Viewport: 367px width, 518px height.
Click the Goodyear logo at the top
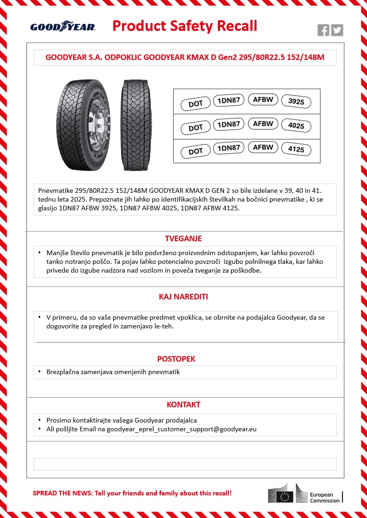tap(63, 27)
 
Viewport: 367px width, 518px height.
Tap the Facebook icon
tap(324, 30)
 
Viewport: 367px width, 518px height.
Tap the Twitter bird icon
tap(337, 30)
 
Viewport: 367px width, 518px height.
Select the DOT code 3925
tap(296, 102)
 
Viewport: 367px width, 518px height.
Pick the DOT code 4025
tap(296, 126)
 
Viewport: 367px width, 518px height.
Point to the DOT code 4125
tap(296, 150)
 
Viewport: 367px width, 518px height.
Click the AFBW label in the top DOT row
tap(263, 99)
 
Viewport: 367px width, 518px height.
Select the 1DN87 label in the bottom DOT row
tap(228, 148)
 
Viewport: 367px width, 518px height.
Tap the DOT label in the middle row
tap(196, 128)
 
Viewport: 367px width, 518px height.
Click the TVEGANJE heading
tap(183, 239)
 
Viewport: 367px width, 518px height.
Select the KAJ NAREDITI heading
tap(183, 297)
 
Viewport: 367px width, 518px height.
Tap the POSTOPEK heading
tap(183, 359)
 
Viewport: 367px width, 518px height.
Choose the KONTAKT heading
tap(183, 405)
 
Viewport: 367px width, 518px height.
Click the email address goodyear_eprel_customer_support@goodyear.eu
tap(182, 429)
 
